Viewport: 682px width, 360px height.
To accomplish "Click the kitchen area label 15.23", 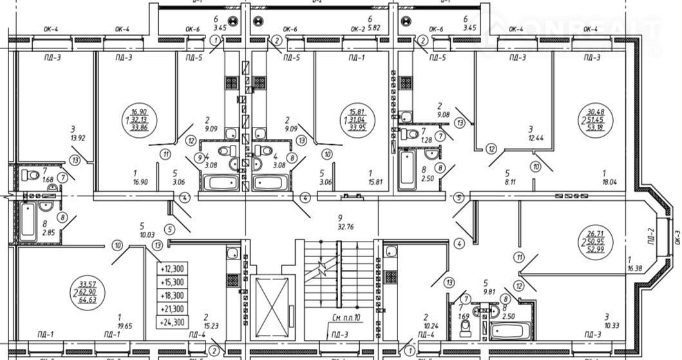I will click(207, 327).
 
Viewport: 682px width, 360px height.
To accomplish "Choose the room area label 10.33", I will click(606, 325).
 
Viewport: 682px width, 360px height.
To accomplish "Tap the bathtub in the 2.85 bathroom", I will click(27, 220).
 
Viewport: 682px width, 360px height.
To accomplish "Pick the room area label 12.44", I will click(531, 138).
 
